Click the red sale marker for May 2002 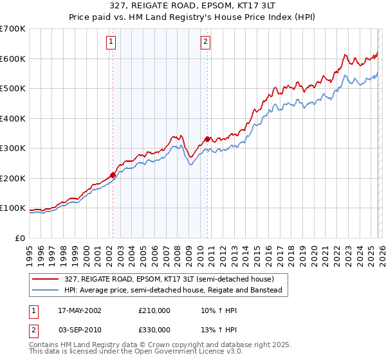(113, 175)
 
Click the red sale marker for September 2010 (207, 139)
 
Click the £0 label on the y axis (19, 238)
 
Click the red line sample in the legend (46, 279)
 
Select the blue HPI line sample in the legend (46, 291)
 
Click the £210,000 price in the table (153, 310)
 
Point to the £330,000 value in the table (153, 329)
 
